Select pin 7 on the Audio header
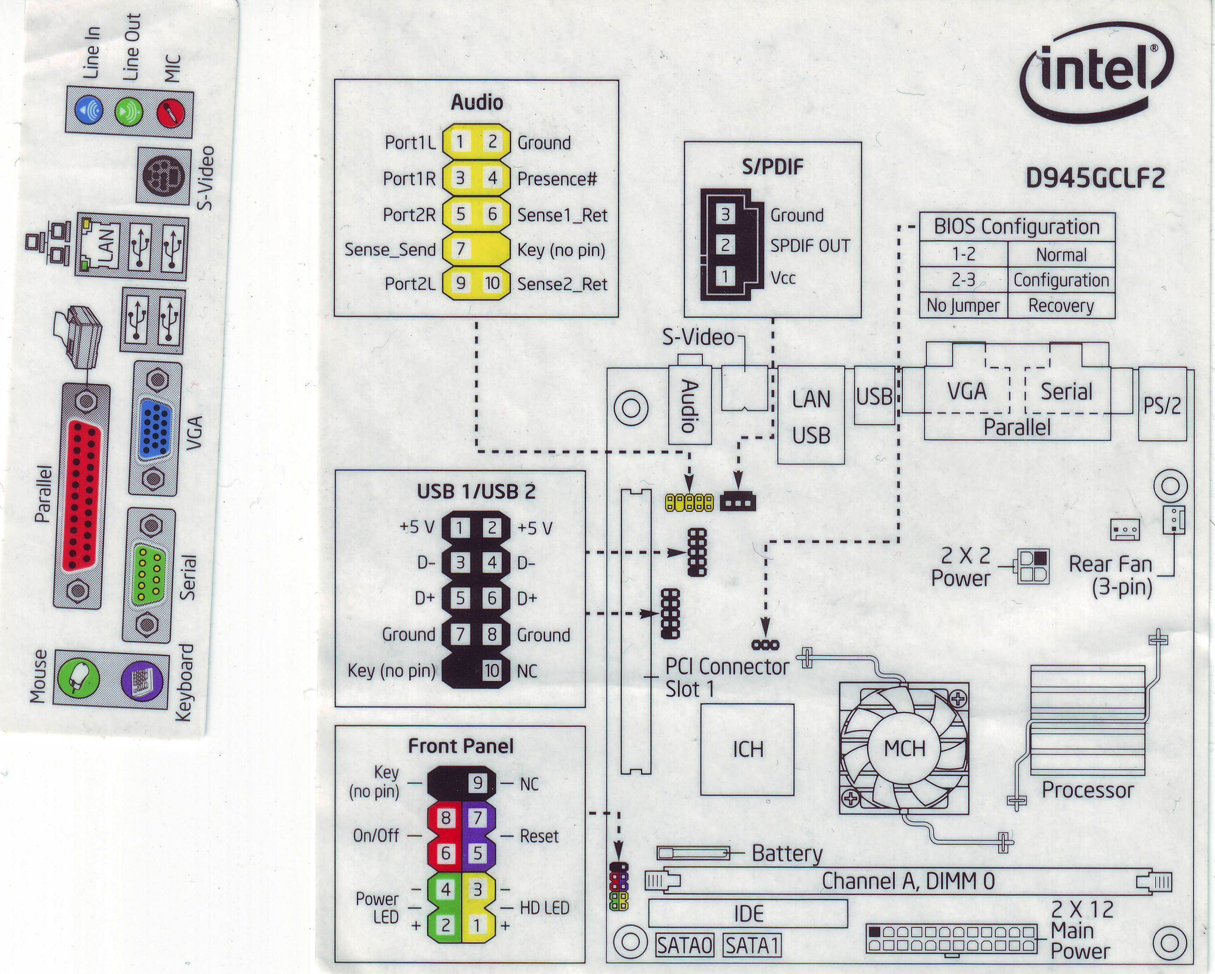tap(460, 248)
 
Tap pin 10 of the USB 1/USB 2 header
tap(492, 670)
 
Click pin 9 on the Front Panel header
tap(477, 783)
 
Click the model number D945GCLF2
tap(1095, 178)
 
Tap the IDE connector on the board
tap(748, 914)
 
